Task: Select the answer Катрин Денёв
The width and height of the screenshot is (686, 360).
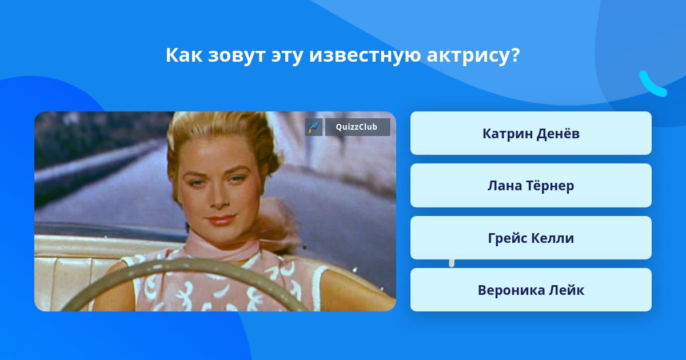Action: [531, 134]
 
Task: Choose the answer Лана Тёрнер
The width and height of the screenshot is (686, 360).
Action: [531, 186]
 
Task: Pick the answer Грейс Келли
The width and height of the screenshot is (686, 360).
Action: [531, 238]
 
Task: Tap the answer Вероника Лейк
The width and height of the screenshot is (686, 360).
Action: [531, 290]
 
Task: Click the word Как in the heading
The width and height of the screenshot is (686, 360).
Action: [184, 55]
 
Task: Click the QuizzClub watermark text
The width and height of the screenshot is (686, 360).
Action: [357, 127]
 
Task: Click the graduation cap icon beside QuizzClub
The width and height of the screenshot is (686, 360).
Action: [314, 127]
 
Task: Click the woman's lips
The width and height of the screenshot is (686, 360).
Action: [221, 220]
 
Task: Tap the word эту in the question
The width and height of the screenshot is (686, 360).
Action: [287, 57]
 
